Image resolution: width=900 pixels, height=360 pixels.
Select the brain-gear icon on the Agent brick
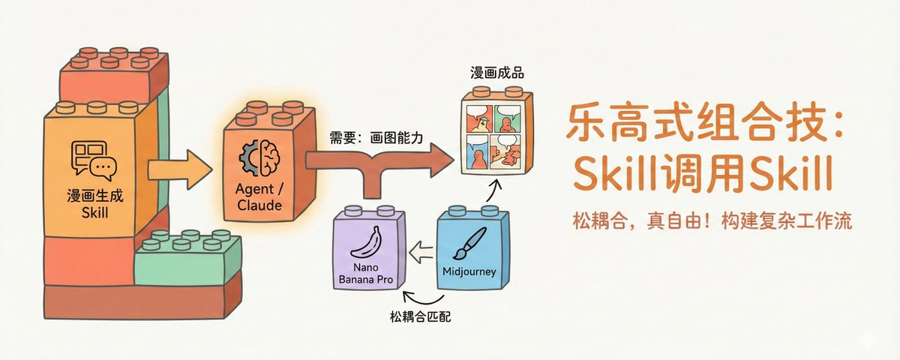pyautogui.click(x=257, y=160)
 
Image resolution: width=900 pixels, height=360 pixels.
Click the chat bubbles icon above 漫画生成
pyautogui.click(x=93, y=160)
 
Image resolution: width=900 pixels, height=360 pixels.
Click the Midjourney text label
pyautogui.click(x=469, y=271)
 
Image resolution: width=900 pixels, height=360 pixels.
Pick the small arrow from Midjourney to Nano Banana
pyautogui.click(x=422, y=248)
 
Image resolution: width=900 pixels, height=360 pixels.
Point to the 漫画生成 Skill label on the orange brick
pyautogui.click(x=94, y=205)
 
